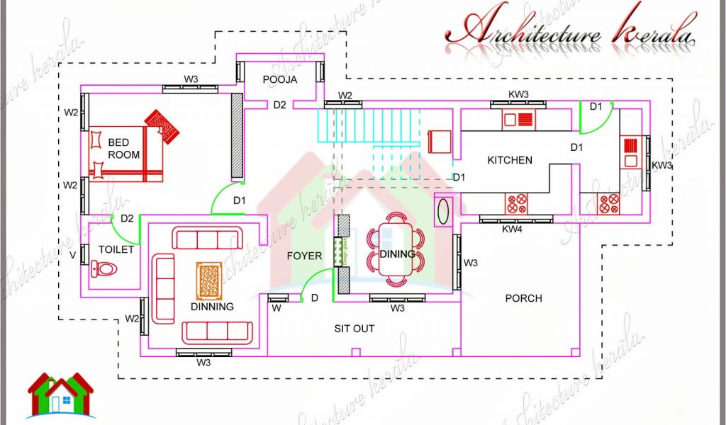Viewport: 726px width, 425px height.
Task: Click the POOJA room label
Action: click(x=279, y=79)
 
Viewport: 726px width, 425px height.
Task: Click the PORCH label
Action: click(x=523, y=298)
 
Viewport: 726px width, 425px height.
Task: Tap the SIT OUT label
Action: click(x=354, y=329)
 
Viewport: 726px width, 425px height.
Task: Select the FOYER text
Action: click(x=304, y=256)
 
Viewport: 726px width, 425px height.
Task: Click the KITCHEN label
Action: click(x=509, y=160)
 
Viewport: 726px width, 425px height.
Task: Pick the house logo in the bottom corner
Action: click(x=60, y=394)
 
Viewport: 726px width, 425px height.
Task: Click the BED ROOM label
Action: click(x=123, y=149)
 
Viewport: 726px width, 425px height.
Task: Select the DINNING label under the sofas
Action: click(x=212, y=307)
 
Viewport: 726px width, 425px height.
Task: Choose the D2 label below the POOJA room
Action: click(x=279, y=105)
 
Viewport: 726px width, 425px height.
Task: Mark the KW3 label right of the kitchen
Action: click(x=661, y=165)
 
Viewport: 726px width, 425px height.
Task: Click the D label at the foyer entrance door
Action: click(x=314, y=298)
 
